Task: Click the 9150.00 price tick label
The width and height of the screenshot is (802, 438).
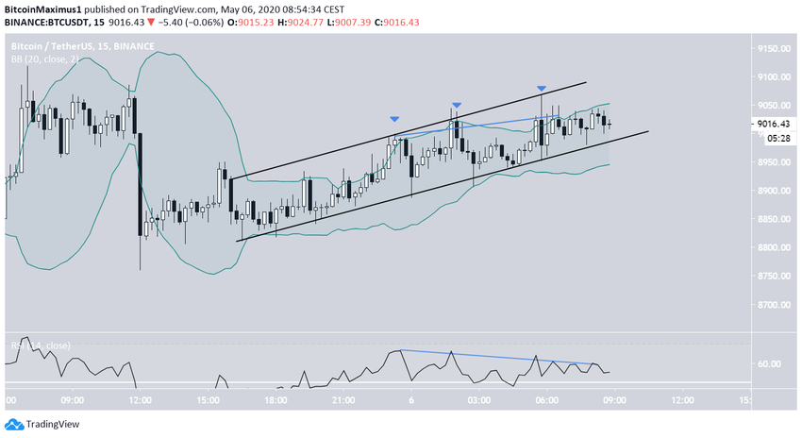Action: tap(773, 48)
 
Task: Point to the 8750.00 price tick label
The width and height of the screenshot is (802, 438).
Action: tap(773, 276)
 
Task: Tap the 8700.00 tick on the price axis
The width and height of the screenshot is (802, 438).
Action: tap(773, 305)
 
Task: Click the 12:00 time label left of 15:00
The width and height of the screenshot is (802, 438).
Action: tap(140, 400)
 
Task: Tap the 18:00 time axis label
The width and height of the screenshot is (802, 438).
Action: tap(276, 400)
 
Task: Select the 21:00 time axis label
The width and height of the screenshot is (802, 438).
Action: tap(343, 400)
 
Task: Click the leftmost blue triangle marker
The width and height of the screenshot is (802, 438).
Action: tap(394, 119)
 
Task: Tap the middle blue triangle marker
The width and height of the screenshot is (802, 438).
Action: tap(456, 105)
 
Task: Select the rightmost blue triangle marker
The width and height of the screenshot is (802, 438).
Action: tap(542, 89)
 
